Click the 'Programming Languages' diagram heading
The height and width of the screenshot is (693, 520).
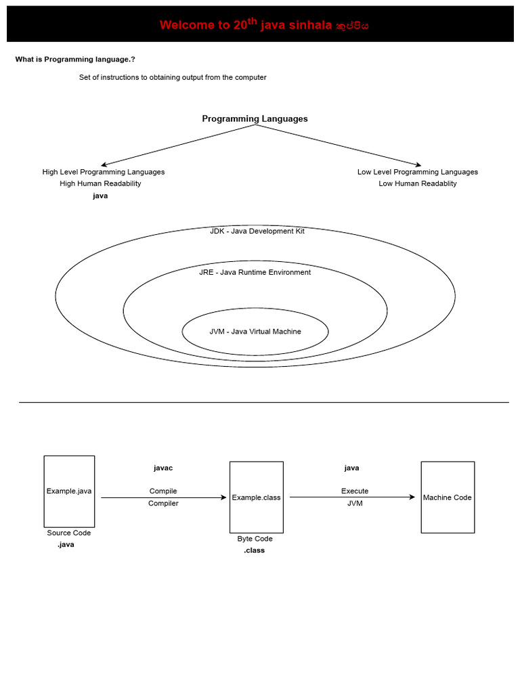tap(255, 118)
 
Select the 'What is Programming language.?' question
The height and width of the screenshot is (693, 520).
tap(75, 60)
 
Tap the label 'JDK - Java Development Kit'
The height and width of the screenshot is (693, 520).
tap(257, 231)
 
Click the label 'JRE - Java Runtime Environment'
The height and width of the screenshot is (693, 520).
tap(255, 272)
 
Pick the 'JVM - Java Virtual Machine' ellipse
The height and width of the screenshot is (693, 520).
tap(255, 332)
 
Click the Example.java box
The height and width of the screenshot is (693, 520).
tap(69, 491)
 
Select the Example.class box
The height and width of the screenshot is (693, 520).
tap(256, 497)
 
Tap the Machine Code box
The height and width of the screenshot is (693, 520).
tap(447, 497)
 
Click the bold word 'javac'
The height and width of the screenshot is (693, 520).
tap(163, 468)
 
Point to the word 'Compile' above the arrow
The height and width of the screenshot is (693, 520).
tap(163, 491)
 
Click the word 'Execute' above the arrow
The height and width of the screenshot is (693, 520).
tap(355, 491)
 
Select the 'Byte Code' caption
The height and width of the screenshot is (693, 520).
tap(255, 539)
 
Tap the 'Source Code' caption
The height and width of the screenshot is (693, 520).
tap(68, 533)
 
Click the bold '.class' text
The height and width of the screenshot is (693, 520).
tap(255, 550)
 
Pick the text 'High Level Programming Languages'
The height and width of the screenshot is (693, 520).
tap(104, 172)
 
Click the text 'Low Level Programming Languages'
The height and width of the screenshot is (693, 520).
tap(418, 172)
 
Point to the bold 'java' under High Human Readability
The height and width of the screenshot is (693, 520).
tap(100, 196)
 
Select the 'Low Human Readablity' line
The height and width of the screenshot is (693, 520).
tap(418, 183)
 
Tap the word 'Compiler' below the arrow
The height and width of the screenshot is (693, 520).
tap(163, 504)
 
